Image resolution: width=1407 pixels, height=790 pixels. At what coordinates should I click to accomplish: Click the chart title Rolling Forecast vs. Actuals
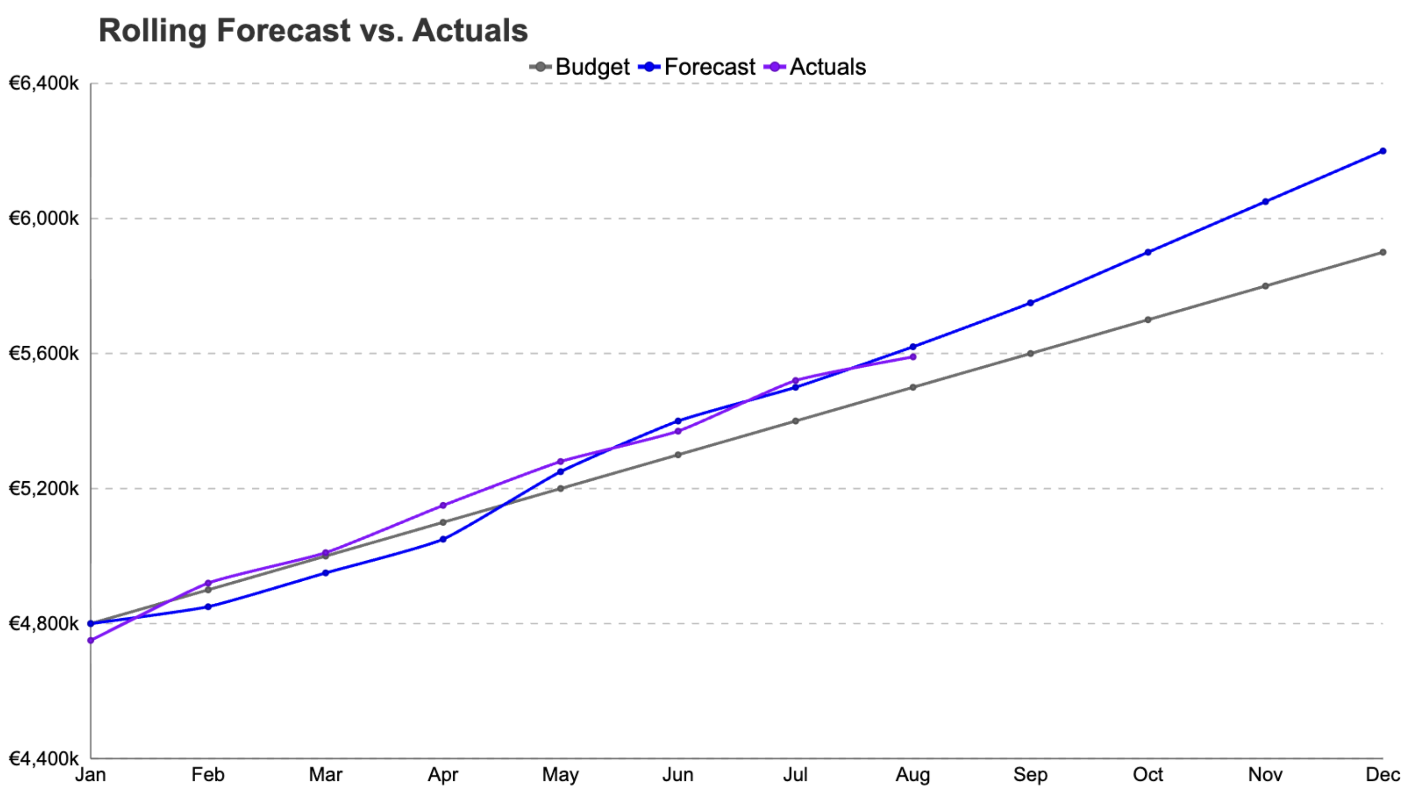[313, 31]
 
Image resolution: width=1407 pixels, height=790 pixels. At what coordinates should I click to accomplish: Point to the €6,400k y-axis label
[44, 84]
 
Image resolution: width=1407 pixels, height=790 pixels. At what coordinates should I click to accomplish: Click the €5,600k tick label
[44, 353]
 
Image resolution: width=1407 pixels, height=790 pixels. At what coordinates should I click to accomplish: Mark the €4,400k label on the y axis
[44, 758]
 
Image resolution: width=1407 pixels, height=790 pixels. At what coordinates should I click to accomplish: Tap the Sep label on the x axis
[1030, 775]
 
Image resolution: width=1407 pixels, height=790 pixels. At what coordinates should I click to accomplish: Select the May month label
[560, 775]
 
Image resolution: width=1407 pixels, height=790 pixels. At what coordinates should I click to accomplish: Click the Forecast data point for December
[1383, 151]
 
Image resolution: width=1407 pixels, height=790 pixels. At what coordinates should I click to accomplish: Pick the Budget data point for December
[1383, 252]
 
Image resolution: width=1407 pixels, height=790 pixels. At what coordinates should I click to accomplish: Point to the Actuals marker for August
[913, 357]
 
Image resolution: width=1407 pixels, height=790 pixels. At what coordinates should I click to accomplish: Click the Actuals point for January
[90, 640]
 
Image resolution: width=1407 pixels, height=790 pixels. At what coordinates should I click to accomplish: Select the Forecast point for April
[443, 539]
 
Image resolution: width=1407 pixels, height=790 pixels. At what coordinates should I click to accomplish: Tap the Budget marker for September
[1030, 353]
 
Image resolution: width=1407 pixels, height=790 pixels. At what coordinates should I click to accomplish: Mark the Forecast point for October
[1148, 252]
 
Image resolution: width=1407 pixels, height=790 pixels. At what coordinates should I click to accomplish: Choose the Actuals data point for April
[443, 505]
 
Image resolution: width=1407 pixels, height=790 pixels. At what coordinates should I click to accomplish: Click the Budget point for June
[678, 454]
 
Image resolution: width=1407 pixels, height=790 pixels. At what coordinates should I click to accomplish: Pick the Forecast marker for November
[1265, 202]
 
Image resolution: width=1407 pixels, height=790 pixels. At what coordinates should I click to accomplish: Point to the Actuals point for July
[795, 380]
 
